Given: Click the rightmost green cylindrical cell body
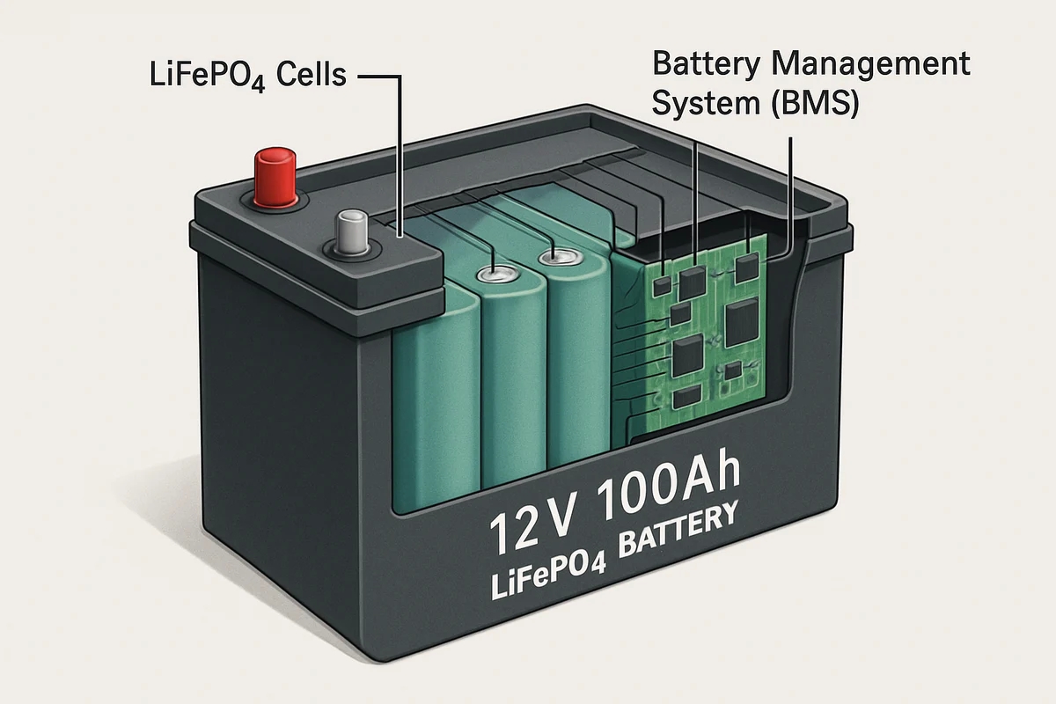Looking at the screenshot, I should [x=576, y=370].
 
